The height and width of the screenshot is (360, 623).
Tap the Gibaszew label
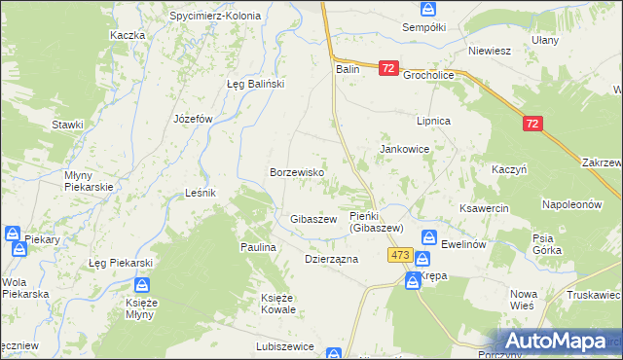312,219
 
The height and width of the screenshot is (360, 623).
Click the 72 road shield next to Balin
388,68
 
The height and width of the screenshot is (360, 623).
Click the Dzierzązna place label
332,260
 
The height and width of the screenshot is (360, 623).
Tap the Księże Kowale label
277,304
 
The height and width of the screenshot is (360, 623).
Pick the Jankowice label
404,149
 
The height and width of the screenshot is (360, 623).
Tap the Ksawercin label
484,207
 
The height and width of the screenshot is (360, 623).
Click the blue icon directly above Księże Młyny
142,285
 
